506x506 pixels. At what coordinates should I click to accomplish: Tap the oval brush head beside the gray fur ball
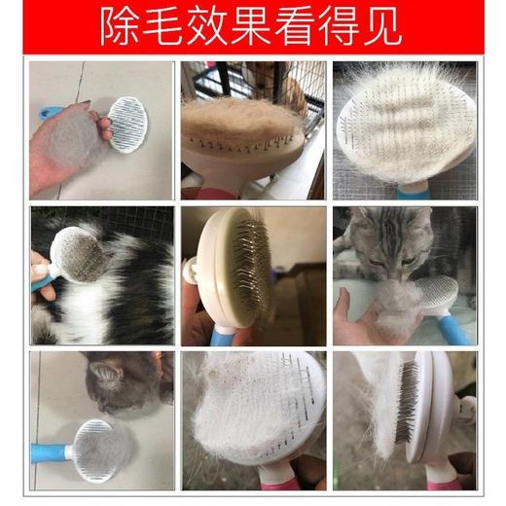tap(128, 124)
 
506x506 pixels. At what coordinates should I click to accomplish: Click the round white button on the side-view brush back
tap(191, 270)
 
